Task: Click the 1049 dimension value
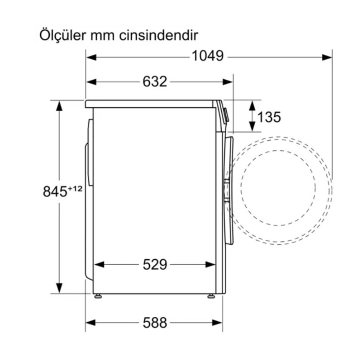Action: point(208,56)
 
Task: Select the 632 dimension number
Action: point(154,82)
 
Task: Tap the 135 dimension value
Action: point(269,117)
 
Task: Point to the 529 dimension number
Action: point(155,265)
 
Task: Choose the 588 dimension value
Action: point(155,323)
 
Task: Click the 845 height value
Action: point(55,191)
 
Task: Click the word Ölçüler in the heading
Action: point(62,35)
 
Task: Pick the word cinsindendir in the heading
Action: point(159,35)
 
